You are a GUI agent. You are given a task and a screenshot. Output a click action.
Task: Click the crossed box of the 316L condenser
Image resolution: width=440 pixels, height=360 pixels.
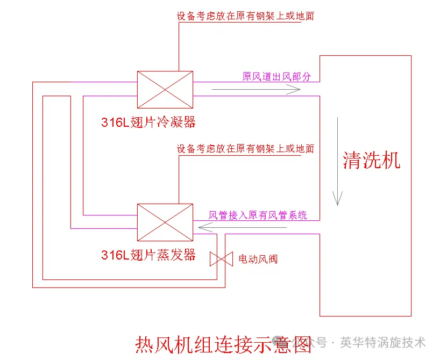tap(165, 89)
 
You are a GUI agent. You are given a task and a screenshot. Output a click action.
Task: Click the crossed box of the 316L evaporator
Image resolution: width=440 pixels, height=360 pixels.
tap(165, 222)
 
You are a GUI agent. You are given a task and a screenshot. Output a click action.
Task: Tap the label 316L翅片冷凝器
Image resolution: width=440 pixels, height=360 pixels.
tap(148, 122)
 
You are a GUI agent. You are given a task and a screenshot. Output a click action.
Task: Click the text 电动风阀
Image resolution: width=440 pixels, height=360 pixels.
tap(258, 259)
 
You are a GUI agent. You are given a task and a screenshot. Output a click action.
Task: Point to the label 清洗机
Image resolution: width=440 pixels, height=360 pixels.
tap(372, 160)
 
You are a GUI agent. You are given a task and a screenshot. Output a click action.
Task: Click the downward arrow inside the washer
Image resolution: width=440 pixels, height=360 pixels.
tap(338, 161)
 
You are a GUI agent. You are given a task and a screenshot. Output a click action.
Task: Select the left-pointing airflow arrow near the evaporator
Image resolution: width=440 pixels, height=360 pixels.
tap(242, 228)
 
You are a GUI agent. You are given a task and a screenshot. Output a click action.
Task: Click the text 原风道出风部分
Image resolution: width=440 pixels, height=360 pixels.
tap(276, 76)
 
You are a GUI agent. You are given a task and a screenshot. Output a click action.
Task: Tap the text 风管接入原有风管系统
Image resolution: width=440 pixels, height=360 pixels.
tap(258, 215)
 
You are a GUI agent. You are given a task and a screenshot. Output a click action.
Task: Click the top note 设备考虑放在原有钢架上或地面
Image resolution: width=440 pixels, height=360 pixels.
tap(245, 16)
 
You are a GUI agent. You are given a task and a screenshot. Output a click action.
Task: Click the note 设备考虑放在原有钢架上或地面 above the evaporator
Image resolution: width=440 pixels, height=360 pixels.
tap(245, 149)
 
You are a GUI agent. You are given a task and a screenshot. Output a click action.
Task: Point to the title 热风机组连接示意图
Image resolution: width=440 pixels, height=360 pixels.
tap(223, 343)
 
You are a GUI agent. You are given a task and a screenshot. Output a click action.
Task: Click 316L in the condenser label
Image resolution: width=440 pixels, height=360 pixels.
tap(115, 123)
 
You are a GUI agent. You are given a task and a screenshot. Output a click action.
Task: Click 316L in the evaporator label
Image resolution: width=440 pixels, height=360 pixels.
tap(115, 255)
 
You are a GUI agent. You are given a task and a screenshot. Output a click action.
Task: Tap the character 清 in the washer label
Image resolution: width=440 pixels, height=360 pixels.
tap(352, 160)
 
